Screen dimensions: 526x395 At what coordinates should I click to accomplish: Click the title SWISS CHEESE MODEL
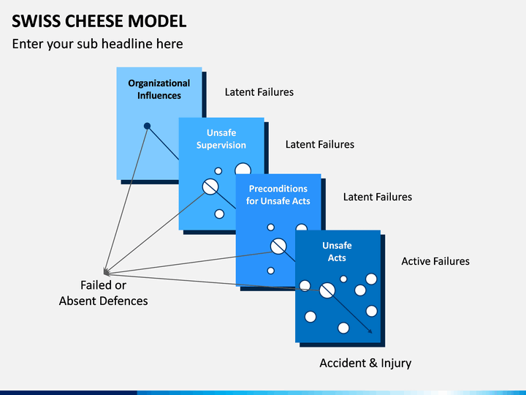point(99,21)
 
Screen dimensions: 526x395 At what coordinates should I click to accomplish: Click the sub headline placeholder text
point(98,44)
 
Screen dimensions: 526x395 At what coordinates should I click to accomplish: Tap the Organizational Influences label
point(159,89)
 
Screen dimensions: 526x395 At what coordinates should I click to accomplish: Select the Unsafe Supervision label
point(221,139)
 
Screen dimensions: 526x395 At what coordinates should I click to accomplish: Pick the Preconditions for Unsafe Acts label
point(278,195)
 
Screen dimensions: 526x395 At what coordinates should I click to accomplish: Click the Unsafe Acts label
point(337,252)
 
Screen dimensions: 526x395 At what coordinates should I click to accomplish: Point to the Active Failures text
point(435,261)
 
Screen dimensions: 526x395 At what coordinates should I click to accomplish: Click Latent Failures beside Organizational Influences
point(259,92)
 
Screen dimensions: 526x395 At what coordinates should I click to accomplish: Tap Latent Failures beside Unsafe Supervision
point(320,144)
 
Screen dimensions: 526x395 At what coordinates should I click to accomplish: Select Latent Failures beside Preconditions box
point(378,197)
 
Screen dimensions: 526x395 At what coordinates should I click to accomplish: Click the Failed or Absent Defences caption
point(103,293)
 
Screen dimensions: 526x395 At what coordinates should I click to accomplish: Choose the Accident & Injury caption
point(365,364)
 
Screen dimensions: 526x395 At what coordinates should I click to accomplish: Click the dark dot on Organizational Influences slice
point(147,126)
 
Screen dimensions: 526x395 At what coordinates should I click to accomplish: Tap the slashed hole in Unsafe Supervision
point(210,187)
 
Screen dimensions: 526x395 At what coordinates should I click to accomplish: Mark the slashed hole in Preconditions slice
point(278,247)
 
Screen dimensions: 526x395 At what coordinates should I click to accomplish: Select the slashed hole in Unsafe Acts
point(327,290)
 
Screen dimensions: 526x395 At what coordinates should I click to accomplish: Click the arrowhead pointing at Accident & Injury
point(370,331)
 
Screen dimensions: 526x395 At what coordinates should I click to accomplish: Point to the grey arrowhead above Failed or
point(106,272)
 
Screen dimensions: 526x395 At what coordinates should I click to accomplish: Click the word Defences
point(123,301)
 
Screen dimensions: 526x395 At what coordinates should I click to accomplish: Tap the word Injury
point(396,364)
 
